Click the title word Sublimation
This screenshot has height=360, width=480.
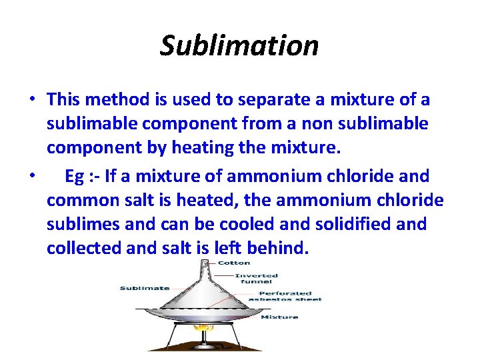click(x=239, y=45)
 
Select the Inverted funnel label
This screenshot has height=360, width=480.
click(x=256, y=279)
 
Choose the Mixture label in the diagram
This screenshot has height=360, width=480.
click(x=279, y=317)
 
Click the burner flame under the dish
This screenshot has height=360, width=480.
click(x=207, y=327)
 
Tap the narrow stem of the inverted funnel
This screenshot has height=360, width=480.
click(x=206, y=269)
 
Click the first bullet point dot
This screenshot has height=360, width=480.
click(x=32, y=100)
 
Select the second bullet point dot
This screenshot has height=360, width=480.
click(x=32, y=176)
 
